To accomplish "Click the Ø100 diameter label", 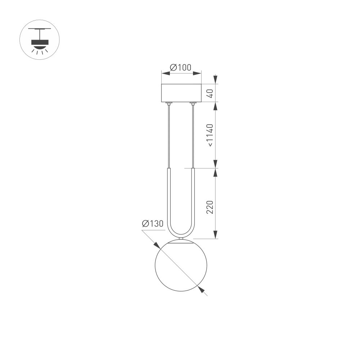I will point(181,67).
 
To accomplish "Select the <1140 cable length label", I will point(210,135).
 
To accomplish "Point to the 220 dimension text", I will point(210,207).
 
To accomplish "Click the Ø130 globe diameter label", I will point(153,224).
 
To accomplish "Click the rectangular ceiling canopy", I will point(181,93).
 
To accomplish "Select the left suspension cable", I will point(168,137).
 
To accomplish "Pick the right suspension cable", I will point(193,137).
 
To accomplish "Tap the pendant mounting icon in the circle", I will point(39,40).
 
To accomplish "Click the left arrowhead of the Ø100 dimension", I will point(165,73).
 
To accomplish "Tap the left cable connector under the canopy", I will point(168,104).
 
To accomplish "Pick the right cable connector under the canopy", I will point(193,104).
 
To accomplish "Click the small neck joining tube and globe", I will point(181,239).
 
